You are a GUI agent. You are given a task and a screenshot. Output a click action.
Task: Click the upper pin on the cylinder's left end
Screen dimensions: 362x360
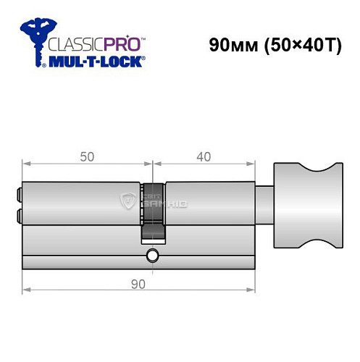pyautogui.click(x=17, y=194)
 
